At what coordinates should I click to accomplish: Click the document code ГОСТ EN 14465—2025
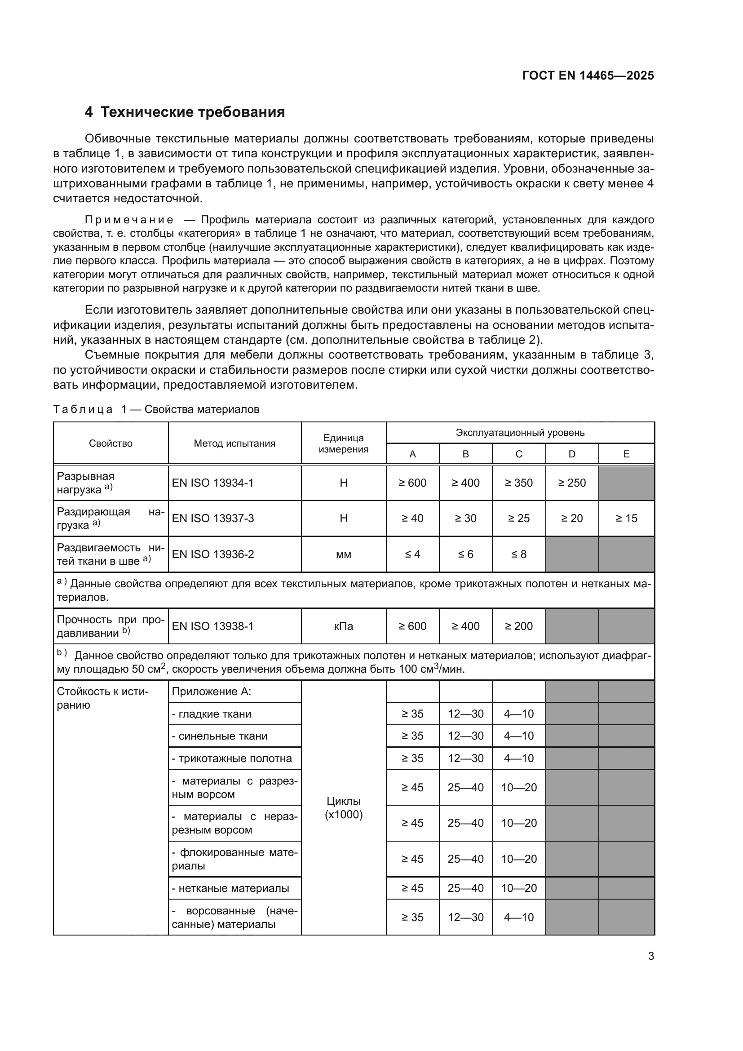[x=588, y=76]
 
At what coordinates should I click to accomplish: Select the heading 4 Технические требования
[x=185, y=112]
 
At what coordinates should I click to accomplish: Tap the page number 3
[x=650, y=956]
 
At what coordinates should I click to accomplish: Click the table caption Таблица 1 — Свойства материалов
[x=156, y=409]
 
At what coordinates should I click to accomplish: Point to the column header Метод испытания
[x=234, y=443]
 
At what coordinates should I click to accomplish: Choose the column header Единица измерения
[x=343, y=443]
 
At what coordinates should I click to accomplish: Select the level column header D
[x=571, y=454]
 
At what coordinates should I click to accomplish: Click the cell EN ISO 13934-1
[x=212, y=483]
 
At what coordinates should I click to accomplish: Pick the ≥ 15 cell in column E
[x=626, y=518]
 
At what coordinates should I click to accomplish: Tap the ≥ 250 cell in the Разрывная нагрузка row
[x=571, y=483]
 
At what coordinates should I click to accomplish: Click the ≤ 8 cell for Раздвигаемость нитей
[x=518, y=554]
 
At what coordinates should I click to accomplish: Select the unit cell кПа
[x=343, y=626]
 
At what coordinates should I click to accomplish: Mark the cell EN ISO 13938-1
[x=212, y=626]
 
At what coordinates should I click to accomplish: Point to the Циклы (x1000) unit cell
[x=343, y=808]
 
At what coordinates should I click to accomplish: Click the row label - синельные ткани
[x=219, y=736]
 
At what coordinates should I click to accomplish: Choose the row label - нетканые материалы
[x=230, y=888]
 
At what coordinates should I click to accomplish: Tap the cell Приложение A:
[x=211, y=692]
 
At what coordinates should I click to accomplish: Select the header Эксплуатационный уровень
[x=520, y=433]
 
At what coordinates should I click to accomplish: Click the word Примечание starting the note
[x=129, y=220]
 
